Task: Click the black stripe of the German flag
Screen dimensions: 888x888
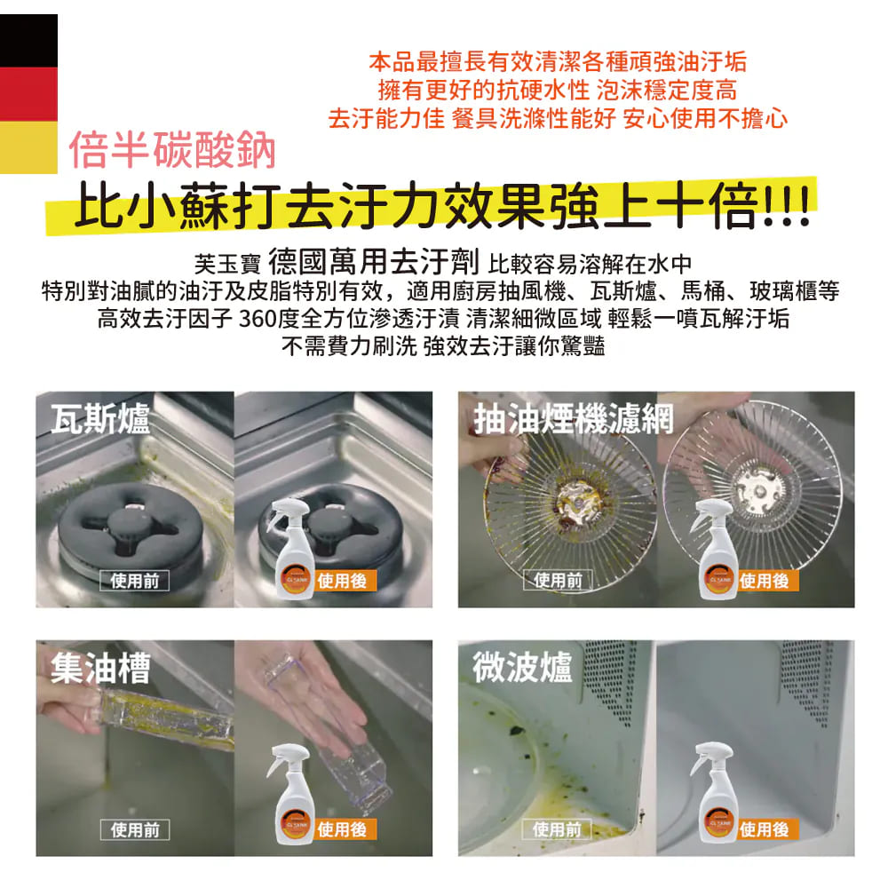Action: pos(28,41)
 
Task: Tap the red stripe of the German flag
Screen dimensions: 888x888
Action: pos(28,94)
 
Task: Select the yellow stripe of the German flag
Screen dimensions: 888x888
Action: pos(28,147)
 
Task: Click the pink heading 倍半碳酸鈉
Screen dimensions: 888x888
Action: pos(172,149)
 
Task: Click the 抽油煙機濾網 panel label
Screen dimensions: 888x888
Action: pos(574,419)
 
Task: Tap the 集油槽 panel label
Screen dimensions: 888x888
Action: pos(100,668)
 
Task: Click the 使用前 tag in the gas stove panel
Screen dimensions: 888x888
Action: pos(135,581)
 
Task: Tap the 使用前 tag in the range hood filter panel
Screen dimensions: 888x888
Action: pos(558,580)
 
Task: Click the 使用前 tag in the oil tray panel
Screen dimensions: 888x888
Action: pos(135,829)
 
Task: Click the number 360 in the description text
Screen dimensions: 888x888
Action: pos(258,318)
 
